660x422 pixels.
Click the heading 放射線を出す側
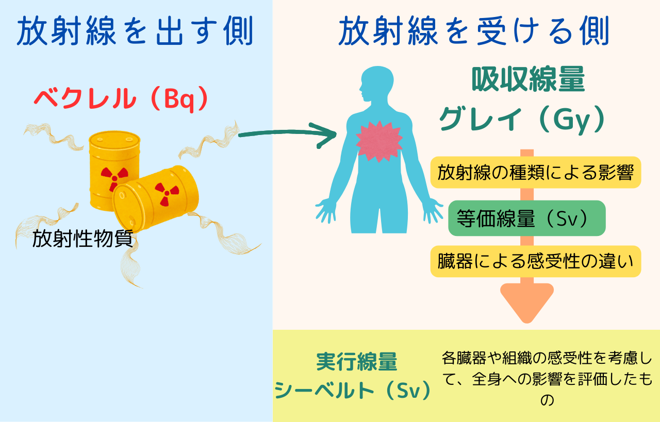(135, 31)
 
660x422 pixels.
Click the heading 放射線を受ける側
(474, 31)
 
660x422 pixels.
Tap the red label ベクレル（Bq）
(121, 99)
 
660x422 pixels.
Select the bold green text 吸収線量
(529, 79)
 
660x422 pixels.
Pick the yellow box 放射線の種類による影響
(536, 172)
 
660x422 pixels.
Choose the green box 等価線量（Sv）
(527, 218)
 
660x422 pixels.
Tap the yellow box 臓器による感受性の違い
(536, 262)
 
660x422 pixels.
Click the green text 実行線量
(357, 362)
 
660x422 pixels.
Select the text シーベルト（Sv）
(353, 390)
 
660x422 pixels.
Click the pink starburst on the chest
(379, 141)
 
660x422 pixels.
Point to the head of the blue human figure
(377, 84)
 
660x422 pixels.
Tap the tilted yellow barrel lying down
(156, 198)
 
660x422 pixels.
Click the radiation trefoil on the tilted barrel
(167, 193)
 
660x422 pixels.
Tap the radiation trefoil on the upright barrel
(114, 178)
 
